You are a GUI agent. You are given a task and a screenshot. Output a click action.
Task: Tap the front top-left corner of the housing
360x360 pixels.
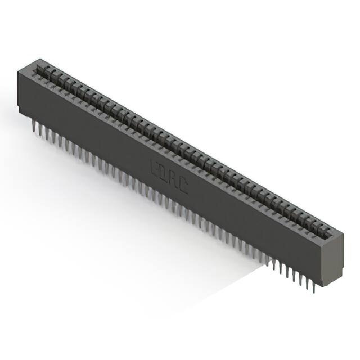[x=19, y=69]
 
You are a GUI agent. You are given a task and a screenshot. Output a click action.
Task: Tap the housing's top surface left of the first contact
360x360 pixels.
[x=29, y=65]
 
